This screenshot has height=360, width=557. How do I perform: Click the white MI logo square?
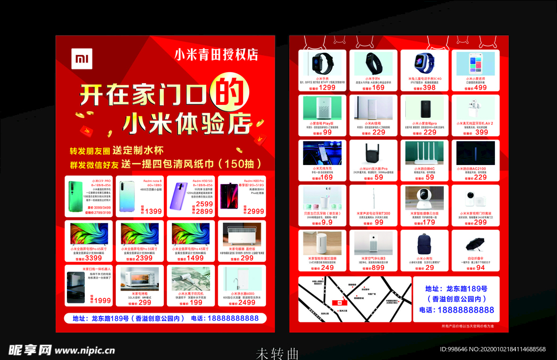click(x=82, y=58)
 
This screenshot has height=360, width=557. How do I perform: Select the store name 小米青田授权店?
click(x=216, y=54)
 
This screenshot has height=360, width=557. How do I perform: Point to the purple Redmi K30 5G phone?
click(x=180, y=196)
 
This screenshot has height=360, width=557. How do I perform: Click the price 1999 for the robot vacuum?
click(x=102, y=300)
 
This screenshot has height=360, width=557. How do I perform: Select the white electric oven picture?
click(x=139, y=277)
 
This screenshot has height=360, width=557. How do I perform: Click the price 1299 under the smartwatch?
click(x=327, y=87)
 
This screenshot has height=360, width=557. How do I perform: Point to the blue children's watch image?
click(x=424, y=63)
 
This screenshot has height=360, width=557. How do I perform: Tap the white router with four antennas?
click(x=424, y=153)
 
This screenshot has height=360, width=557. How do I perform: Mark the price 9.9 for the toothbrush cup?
click(x=327, y=222)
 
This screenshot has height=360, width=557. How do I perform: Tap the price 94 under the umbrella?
click(x=480, y=267)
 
